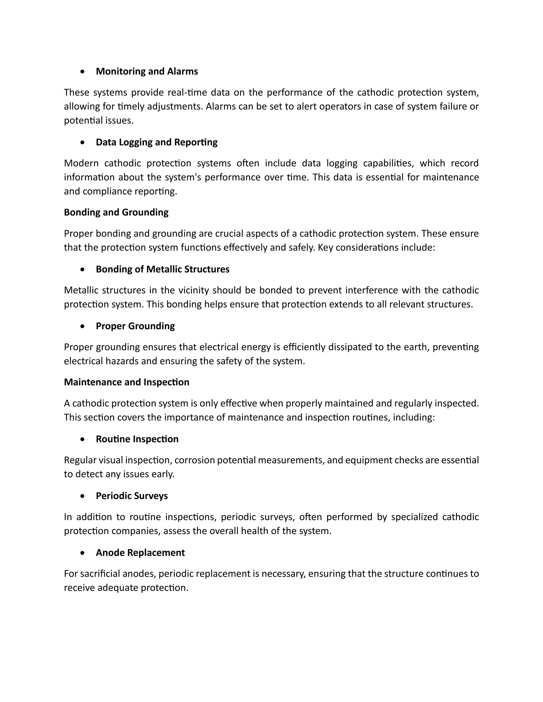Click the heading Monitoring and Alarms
click(147, 71)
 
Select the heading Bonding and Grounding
click(116, 212)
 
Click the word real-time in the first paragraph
click(186, 92)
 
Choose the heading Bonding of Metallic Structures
click(163, 269)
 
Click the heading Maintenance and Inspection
click(126, 382)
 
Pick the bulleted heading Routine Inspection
click(137, 439)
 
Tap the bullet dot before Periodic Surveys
click(83, 496)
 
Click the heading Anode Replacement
click(140, 553)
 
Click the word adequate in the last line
click(118, 588)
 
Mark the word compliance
click(103, 192)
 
